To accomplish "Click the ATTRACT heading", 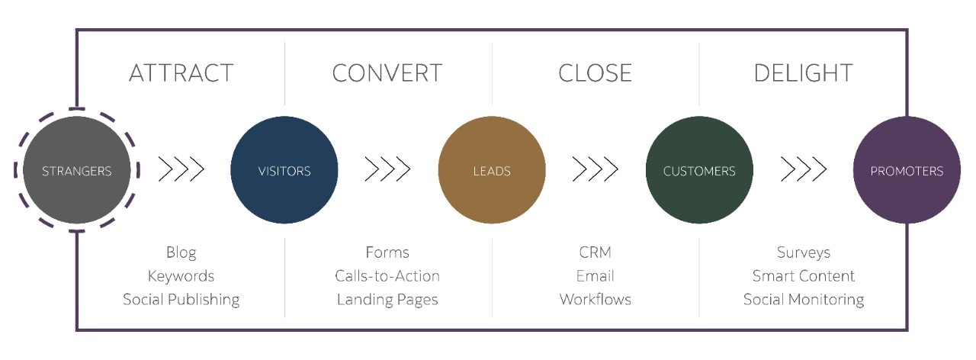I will (181, 73).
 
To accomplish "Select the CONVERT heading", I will (387, 73).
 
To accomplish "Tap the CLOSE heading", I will (595, 73).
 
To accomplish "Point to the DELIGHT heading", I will (803, 73).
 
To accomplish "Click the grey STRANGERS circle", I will (77, 170).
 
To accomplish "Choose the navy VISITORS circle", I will (284, 170).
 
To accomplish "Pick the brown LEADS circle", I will (492, 170).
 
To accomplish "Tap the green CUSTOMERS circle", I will (699, 170).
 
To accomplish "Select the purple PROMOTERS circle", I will (907, 170).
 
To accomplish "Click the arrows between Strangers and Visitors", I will (181, 169).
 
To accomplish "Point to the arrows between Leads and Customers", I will (596, 169).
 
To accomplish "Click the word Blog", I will (181, 252).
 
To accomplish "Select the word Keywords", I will (181, 276).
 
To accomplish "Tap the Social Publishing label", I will (181, 300).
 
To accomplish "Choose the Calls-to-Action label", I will (387, 276).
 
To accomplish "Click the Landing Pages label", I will (387, 300).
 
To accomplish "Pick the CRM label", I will (595, 252).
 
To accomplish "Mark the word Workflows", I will (595, 300).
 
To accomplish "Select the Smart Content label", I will (803, 276).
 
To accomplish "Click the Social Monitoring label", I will (803, 300).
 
